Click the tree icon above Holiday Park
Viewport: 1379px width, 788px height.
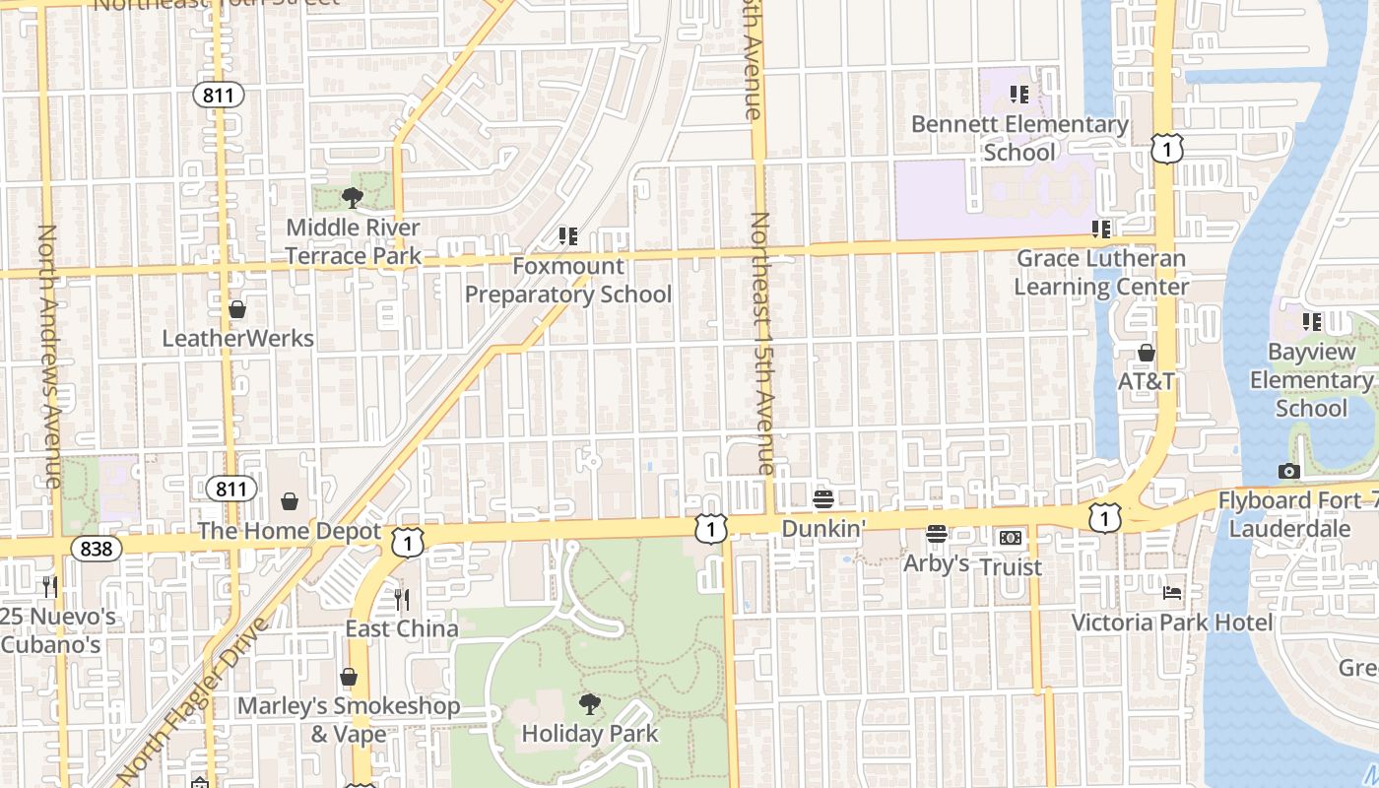click(589, 703)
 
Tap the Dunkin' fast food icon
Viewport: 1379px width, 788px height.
click(823, 499)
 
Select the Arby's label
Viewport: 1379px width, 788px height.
click(937, 563)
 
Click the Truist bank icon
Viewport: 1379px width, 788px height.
click(1011, 538)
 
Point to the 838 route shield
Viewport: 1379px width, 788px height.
click(96, 549)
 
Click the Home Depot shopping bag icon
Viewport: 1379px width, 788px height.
click(290, 502)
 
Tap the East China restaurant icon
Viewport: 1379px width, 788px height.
click(401, 599)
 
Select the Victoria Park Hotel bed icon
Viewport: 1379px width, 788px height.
click(1172, 593)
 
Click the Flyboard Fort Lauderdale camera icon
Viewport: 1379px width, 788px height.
click(1289, 472)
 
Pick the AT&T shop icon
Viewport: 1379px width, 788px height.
click(1147, 353)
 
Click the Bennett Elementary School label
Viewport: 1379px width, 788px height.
click(1019, 138)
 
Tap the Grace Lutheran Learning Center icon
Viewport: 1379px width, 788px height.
click(1101, 230)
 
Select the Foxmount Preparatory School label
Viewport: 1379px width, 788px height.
click(568, 280)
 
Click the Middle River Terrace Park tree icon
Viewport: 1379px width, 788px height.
click(353, 198)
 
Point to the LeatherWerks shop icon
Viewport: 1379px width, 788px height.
click(237, 309)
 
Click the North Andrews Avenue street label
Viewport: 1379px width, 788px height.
click(48, 355)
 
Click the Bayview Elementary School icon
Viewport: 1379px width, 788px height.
click(1312, 322)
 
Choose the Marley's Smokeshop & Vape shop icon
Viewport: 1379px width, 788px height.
click(349, 677)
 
